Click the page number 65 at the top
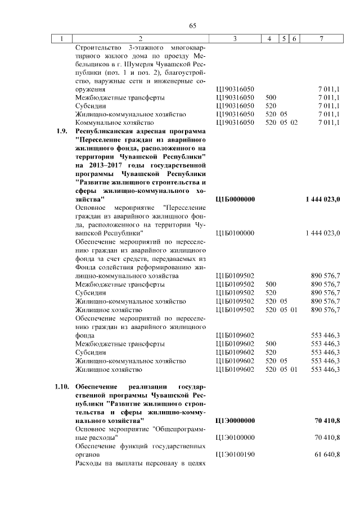[x=192, y=26]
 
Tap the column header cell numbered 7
[x=321, y=38]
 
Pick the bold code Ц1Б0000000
[x=235, y=200]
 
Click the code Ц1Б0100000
[x=235, y=233]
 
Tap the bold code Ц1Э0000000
[x=235, y=420]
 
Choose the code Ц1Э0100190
[x=235, y=454]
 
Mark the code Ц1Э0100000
[x=235, y=437]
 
